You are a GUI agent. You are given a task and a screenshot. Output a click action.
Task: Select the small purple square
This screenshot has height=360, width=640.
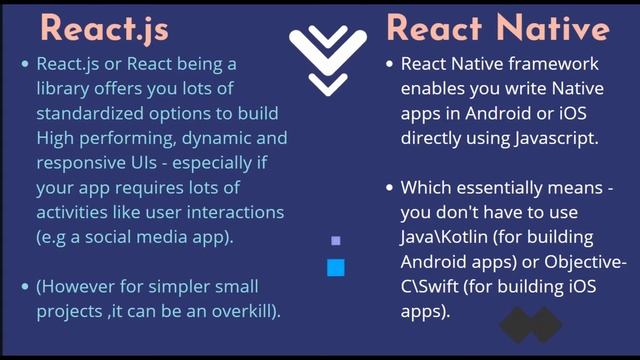click(x=336, y=241)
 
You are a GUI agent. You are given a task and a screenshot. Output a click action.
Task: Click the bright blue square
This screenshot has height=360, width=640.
click(x=336, y=267)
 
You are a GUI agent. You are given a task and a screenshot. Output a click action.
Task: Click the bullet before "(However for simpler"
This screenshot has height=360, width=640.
click(x=25, y=287)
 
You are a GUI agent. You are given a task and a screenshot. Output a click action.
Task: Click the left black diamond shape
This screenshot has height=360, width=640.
click(x=517, y=325)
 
